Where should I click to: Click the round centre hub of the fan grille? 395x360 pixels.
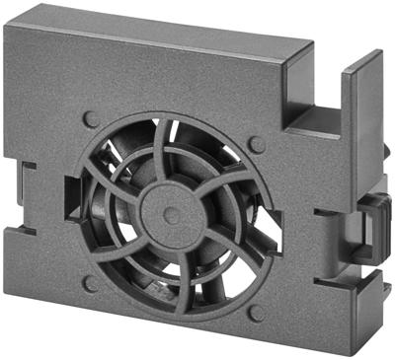point(170,210)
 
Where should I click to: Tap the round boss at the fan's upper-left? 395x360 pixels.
point(92,119)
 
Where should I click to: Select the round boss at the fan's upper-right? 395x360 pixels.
point(257,145)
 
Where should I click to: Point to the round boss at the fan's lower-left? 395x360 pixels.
point(91,283)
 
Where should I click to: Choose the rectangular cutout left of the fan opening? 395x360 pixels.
point(69,197)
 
